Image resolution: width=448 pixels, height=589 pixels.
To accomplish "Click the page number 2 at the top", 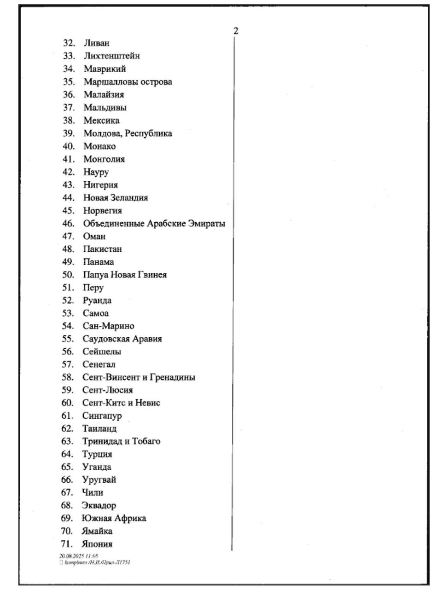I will [x=236, y=31].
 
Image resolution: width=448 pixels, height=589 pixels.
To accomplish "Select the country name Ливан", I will [x=97, y=43].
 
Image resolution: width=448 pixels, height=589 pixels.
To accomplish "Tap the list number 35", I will [x=69, y=82].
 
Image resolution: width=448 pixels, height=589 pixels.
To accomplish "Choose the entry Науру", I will [x=96, y=172].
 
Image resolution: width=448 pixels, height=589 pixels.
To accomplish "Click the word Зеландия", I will [x=129, y=198].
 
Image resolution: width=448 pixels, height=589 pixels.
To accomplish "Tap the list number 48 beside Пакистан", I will [x=68, y=249].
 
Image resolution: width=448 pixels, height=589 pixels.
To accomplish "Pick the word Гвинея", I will [x=152, y=275].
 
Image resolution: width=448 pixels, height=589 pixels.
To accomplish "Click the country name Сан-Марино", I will [x=108, y=326].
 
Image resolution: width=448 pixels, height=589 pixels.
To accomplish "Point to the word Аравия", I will [x=147, y=339].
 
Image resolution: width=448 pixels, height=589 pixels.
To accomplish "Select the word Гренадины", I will [x=173, y=377].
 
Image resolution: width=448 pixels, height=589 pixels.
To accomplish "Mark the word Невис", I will [x=147, y=403].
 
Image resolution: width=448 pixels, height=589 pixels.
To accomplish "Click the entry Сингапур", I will [x=102, y=416].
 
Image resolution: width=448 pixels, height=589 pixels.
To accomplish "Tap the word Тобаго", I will [x=146, y=441].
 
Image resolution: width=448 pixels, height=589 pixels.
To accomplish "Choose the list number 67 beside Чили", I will [x=67, y=493].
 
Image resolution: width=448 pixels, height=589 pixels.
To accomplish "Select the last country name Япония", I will [x=97, y=544].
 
